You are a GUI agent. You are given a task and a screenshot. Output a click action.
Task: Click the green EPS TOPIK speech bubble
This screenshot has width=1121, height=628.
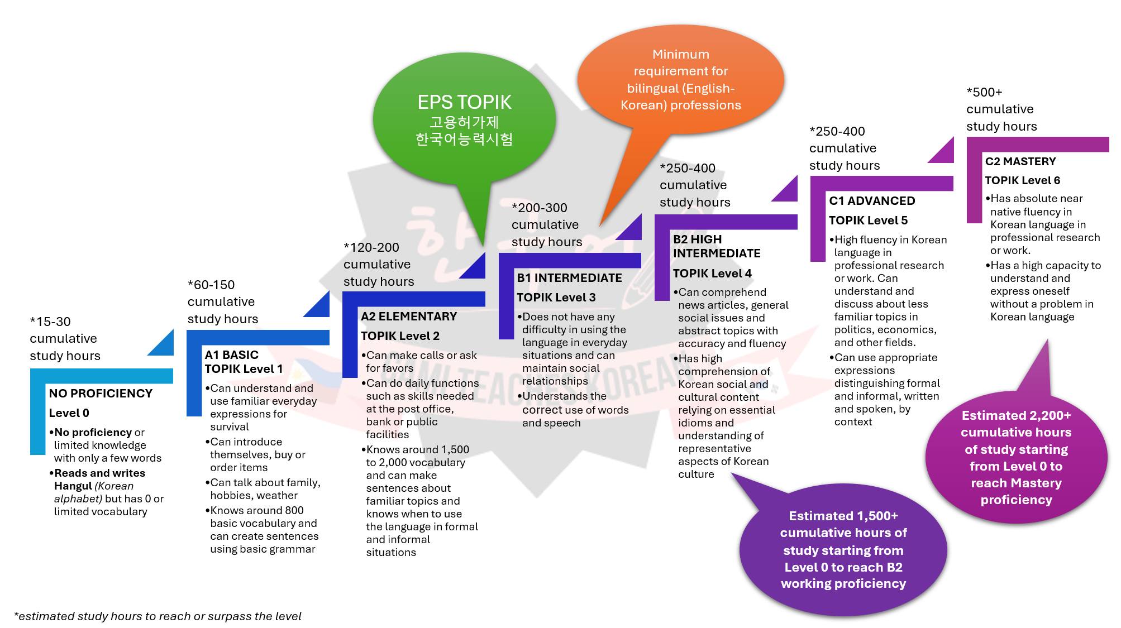(x=464, y=120)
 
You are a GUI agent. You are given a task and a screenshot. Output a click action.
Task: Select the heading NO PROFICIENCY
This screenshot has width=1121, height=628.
(x=101, y=394)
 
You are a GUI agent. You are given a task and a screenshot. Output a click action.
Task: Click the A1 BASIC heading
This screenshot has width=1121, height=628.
(x=232, y=355)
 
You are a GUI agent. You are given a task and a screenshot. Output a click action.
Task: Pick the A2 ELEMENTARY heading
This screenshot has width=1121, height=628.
(x=409, y=317)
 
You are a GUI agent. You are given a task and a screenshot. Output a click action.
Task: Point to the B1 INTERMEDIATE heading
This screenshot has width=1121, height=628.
(x=569, y=278)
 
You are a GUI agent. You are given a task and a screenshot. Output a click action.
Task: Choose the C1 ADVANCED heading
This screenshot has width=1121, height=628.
(x=872, y=201)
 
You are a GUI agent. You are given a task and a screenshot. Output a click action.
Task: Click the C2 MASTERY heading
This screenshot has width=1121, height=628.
(x=1020, y=162)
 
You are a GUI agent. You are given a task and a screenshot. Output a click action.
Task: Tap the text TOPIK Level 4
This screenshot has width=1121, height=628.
(x=712, y=274)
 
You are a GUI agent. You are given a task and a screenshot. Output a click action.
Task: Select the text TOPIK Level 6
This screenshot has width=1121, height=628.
(x=1022, y=181)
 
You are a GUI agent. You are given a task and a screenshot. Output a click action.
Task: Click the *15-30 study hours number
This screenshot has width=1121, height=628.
(x=50, y=322)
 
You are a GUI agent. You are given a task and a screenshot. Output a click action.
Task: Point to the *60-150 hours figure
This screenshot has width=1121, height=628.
(x=211, y=285)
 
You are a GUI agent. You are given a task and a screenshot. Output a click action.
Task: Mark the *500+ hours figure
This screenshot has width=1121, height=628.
(x=984, y=92)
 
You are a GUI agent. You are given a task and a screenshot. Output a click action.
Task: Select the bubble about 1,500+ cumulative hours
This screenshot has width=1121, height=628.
(x=843, y=550)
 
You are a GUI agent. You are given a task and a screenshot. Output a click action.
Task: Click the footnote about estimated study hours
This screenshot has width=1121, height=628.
(x=158, y=616)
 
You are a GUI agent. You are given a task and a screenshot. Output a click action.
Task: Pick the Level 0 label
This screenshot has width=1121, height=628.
(x=69, y=413)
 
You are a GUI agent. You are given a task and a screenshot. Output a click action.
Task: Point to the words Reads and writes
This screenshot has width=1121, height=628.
(x=99, y=473)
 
